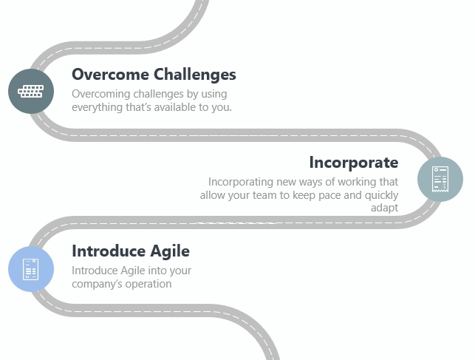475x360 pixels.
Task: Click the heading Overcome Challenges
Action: click(x=154, y=75)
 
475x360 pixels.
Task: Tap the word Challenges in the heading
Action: click(x=195, y=75)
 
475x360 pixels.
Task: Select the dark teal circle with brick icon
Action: click(x=31, y=91)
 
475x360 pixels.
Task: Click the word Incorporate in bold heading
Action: click(x=354, y=163)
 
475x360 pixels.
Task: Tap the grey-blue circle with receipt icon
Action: click(x=440, y=180)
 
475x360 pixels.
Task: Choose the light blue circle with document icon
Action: click(x=31, y=269)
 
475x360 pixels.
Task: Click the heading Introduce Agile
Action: click(x=131, y=251)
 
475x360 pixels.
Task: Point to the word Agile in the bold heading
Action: click(x=170, y=251)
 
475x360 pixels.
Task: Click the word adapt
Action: click(x=384, y=208)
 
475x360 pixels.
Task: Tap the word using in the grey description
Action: click(x=214, y=94)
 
